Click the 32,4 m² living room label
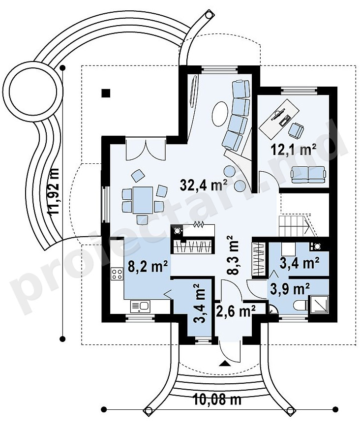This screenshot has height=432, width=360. tap(203, 185)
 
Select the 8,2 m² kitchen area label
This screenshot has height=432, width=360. tap(148, 267)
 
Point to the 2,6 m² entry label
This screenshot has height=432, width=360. tap(236, 311)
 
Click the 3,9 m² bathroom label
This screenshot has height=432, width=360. tap(290, 289)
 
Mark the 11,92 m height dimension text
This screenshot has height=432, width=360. tap(55, 191)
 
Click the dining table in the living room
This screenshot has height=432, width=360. tap(143, 200)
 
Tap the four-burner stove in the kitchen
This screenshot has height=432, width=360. tap(117, 274)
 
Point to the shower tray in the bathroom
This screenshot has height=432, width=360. tap(319, 304)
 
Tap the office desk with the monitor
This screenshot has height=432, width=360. tap(279, 116)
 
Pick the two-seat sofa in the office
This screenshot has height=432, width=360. tap(308, 175)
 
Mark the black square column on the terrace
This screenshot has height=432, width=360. tap(106, 93)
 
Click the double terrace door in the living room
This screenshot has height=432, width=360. tap(146, 149)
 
